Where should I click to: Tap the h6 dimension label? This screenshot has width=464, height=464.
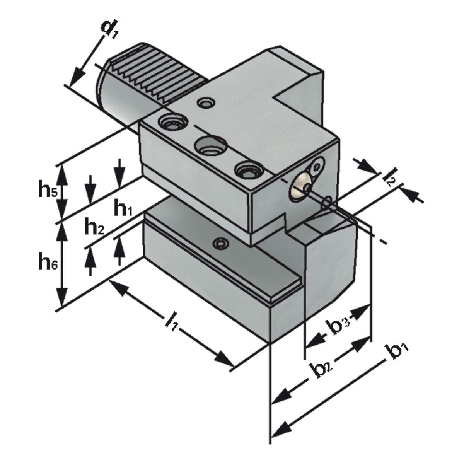(x=48, y=262)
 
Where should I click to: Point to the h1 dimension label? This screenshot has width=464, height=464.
(x=123, y=210)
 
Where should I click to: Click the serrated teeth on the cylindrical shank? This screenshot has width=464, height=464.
(x=162, y=73)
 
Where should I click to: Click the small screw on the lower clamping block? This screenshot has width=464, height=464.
(x=221, y=244)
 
